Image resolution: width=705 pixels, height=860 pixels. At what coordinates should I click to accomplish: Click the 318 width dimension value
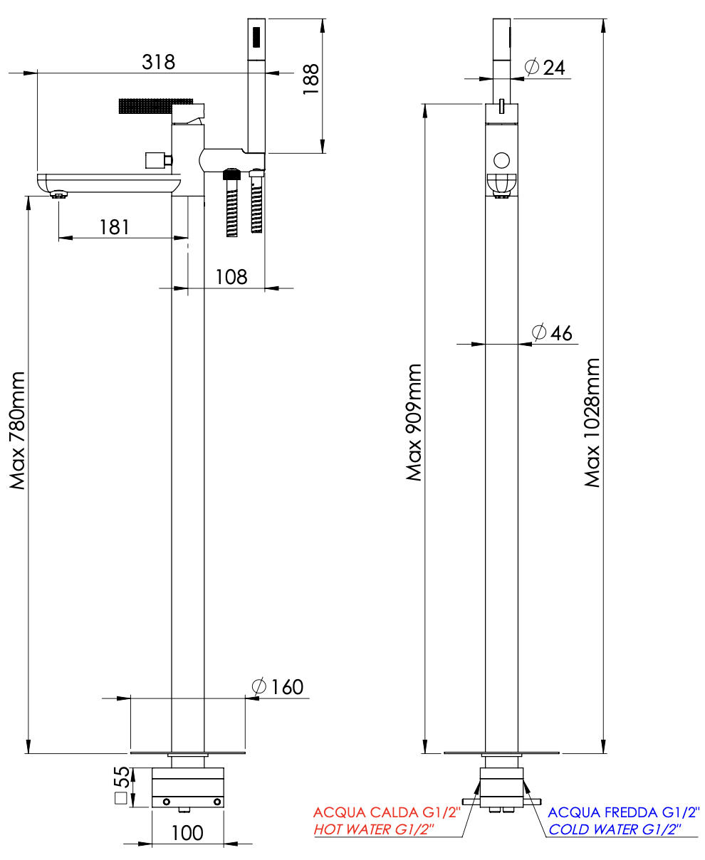pos(158,62)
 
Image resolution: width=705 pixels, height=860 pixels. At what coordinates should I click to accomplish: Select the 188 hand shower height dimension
pos(311,79)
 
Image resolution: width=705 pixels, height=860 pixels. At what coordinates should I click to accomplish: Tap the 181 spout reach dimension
pos(114,227)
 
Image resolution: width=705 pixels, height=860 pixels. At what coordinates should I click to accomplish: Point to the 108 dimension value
pos(231,277)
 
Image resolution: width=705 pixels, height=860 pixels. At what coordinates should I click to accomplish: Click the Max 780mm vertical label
pos(18,430)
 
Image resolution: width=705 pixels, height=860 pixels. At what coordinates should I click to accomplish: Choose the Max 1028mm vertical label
pos(592,422)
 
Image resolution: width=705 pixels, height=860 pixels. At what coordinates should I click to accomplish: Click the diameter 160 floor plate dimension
pos(278,687)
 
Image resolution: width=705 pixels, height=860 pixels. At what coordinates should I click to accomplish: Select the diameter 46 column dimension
pos(552,332)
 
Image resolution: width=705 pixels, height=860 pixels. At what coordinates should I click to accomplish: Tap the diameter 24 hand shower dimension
pos(545,68)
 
